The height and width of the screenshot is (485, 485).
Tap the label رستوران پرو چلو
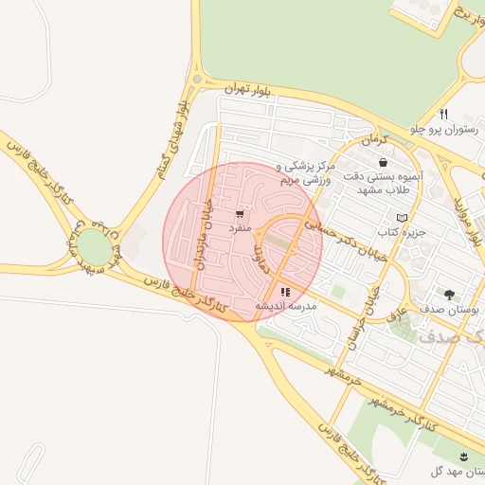(x=444, y=128)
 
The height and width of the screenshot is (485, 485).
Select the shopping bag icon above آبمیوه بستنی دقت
(x=382, y=163)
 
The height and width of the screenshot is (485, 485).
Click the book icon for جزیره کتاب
(x=402, y=218)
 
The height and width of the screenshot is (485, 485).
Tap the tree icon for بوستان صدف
(x=448, y=295)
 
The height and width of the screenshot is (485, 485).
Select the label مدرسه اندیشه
(x=285, y=307)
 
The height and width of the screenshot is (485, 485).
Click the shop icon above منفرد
(x=239, y=214)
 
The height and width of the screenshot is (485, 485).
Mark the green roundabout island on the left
(x=93, y=247)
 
